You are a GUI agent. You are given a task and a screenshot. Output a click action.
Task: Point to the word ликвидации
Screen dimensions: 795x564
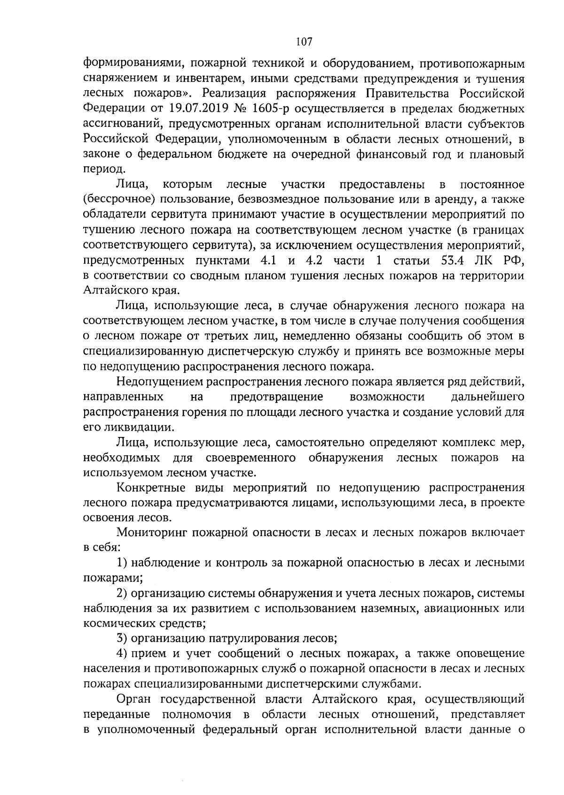pyautogui.click(x=137, y=428)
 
